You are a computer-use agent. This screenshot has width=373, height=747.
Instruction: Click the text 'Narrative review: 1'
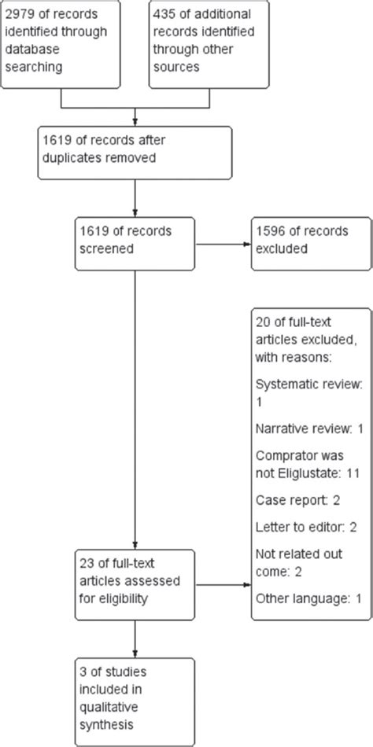pyautogui.click(x=308, y=429)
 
